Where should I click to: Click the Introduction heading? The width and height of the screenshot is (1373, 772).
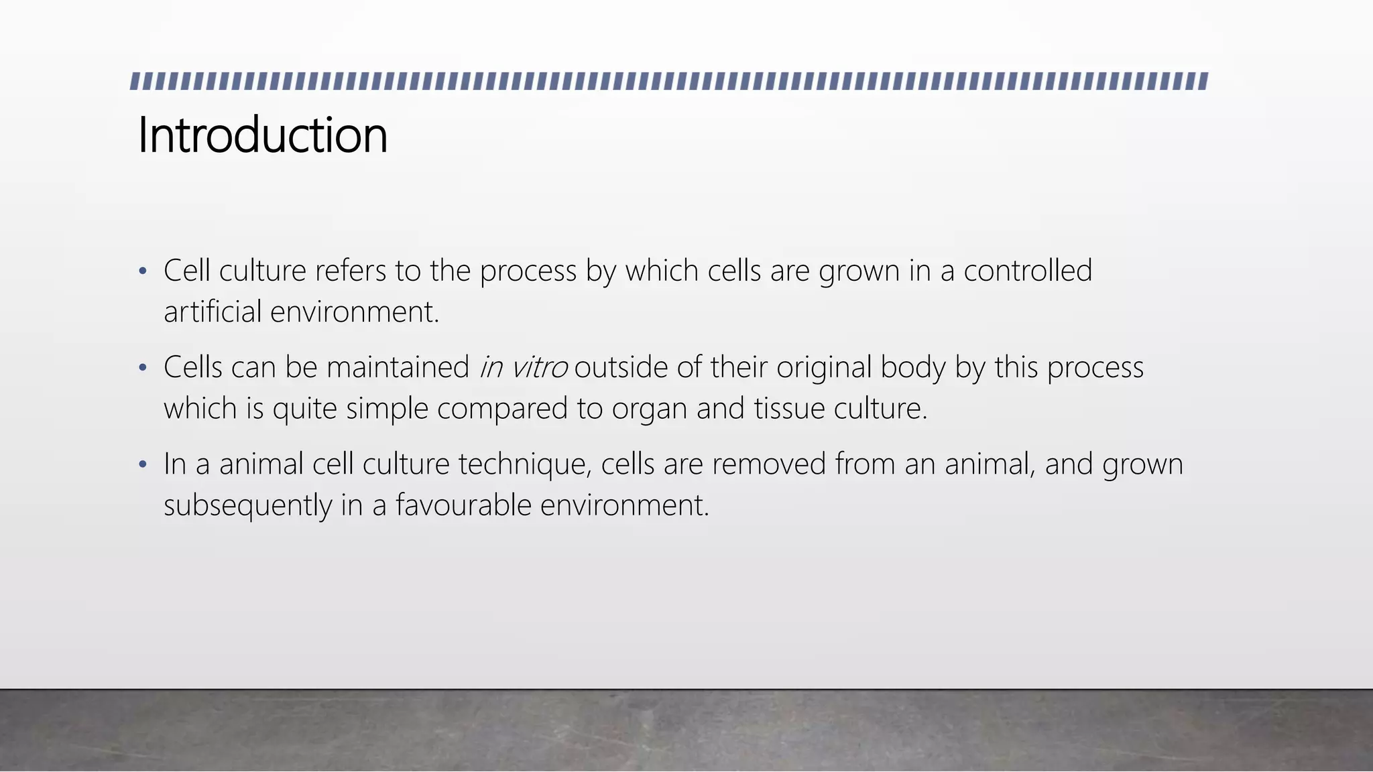click(262, 135)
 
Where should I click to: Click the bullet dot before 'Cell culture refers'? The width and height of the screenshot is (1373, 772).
click(142, 272)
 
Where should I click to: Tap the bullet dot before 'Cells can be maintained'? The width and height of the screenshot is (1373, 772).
click(142, 369)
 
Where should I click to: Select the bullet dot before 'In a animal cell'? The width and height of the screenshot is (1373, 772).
click(142, 465)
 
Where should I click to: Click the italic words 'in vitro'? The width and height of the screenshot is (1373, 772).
click(523, 368)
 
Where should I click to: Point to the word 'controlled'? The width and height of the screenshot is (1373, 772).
click(1028, 271)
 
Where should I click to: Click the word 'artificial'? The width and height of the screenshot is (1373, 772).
click(213, 312)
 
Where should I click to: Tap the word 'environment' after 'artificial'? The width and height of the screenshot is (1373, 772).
click(354, 312)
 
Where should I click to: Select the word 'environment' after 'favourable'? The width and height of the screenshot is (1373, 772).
click(624, 505)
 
